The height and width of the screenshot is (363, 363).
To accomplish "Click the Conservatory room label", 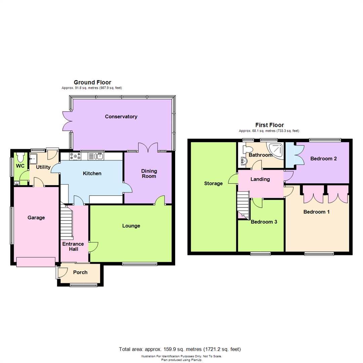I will pyautogui.click(x=121, y=117).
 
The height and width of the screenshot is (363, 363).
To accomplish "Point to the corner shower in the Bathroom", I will pyautogui.click(x=277, y=150).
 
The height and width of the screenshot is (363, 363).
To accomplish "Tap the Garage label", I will pyautogui.click(x=36, y=217).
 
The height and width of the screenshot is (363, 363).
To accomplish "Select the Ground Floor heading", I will pyautogui.click(x=92, y=82).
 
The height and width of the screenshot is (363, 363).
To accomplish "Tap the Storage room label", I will pyautogui.click(x=213, y=184).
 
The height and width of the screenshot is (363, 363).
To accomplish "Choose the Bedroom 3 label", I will pyautogui.click(x=264, y=222).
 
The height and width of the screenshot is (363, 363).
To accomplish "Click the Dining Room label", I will pyautogui.click(x=149, y=173).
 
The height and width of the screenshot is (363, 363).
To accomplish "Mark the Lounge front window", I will pyautogui.click(x=139, y=264).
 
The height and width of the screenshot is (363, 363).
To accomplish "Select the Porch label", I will pyautogui.click(x=80, y=272).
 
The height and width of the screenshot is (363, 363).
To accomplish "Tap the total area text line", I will pyautogui.click(x=180, y=349).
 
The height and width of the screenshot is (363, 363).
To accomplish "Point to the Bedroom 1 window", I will pyautogui.click(x=319, y=253).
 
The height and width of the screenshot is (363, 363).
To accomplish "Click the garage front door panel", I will pyautogui.click(x=36, y=262).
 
